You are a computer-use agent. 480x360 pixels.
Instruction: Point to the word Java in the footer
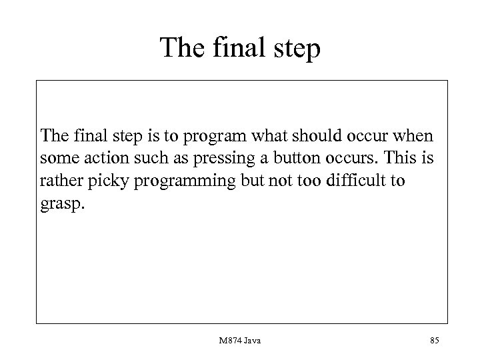[252, 341]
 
